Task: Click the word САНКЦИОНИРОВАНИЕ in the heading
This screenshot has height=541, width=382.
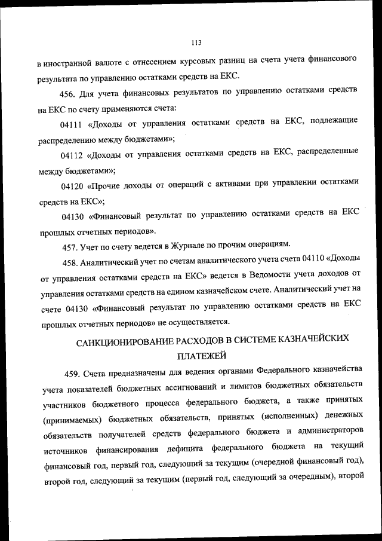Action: [x=132, y=341]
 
